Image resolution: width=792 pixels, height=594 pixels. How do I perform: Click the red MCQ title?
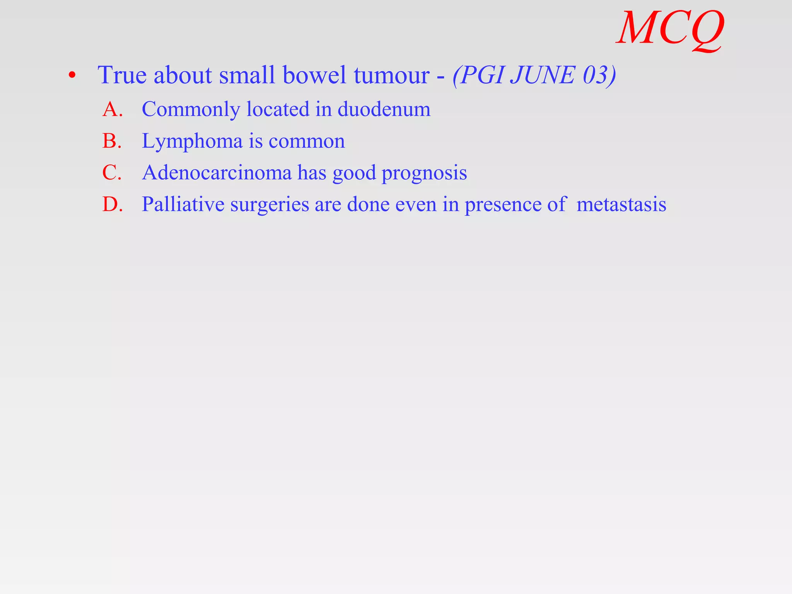671,29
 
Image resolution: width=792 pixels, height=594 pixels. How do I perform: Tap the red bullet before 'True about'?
72,75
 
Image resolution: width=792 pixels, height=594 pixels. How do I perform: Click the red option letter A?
112,109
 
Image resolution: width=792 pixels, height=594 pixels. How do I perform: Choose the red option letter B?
112,141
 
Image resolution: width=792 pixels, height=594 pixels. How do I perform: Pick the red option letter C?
112,172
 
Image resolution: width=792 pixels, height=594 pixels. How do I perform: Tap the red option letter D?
112,204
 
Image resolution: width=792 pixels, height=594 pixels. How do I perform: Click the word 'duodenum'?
384,109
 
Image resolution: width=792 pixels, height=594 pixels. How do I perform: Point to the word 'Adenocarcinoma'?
217,172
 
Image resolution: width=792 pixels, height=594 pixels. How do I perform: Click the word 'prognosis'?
424,173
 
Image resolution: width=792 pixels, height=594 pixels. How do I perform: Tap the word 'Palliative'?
183,204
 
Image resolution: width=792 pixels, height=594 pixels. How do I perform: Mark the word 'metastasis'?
621,204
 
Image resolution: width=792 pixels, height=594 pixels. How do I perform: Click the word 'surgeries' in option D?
270,205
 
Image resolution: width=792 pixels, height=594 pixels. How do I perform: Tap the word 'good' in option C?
354,173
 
